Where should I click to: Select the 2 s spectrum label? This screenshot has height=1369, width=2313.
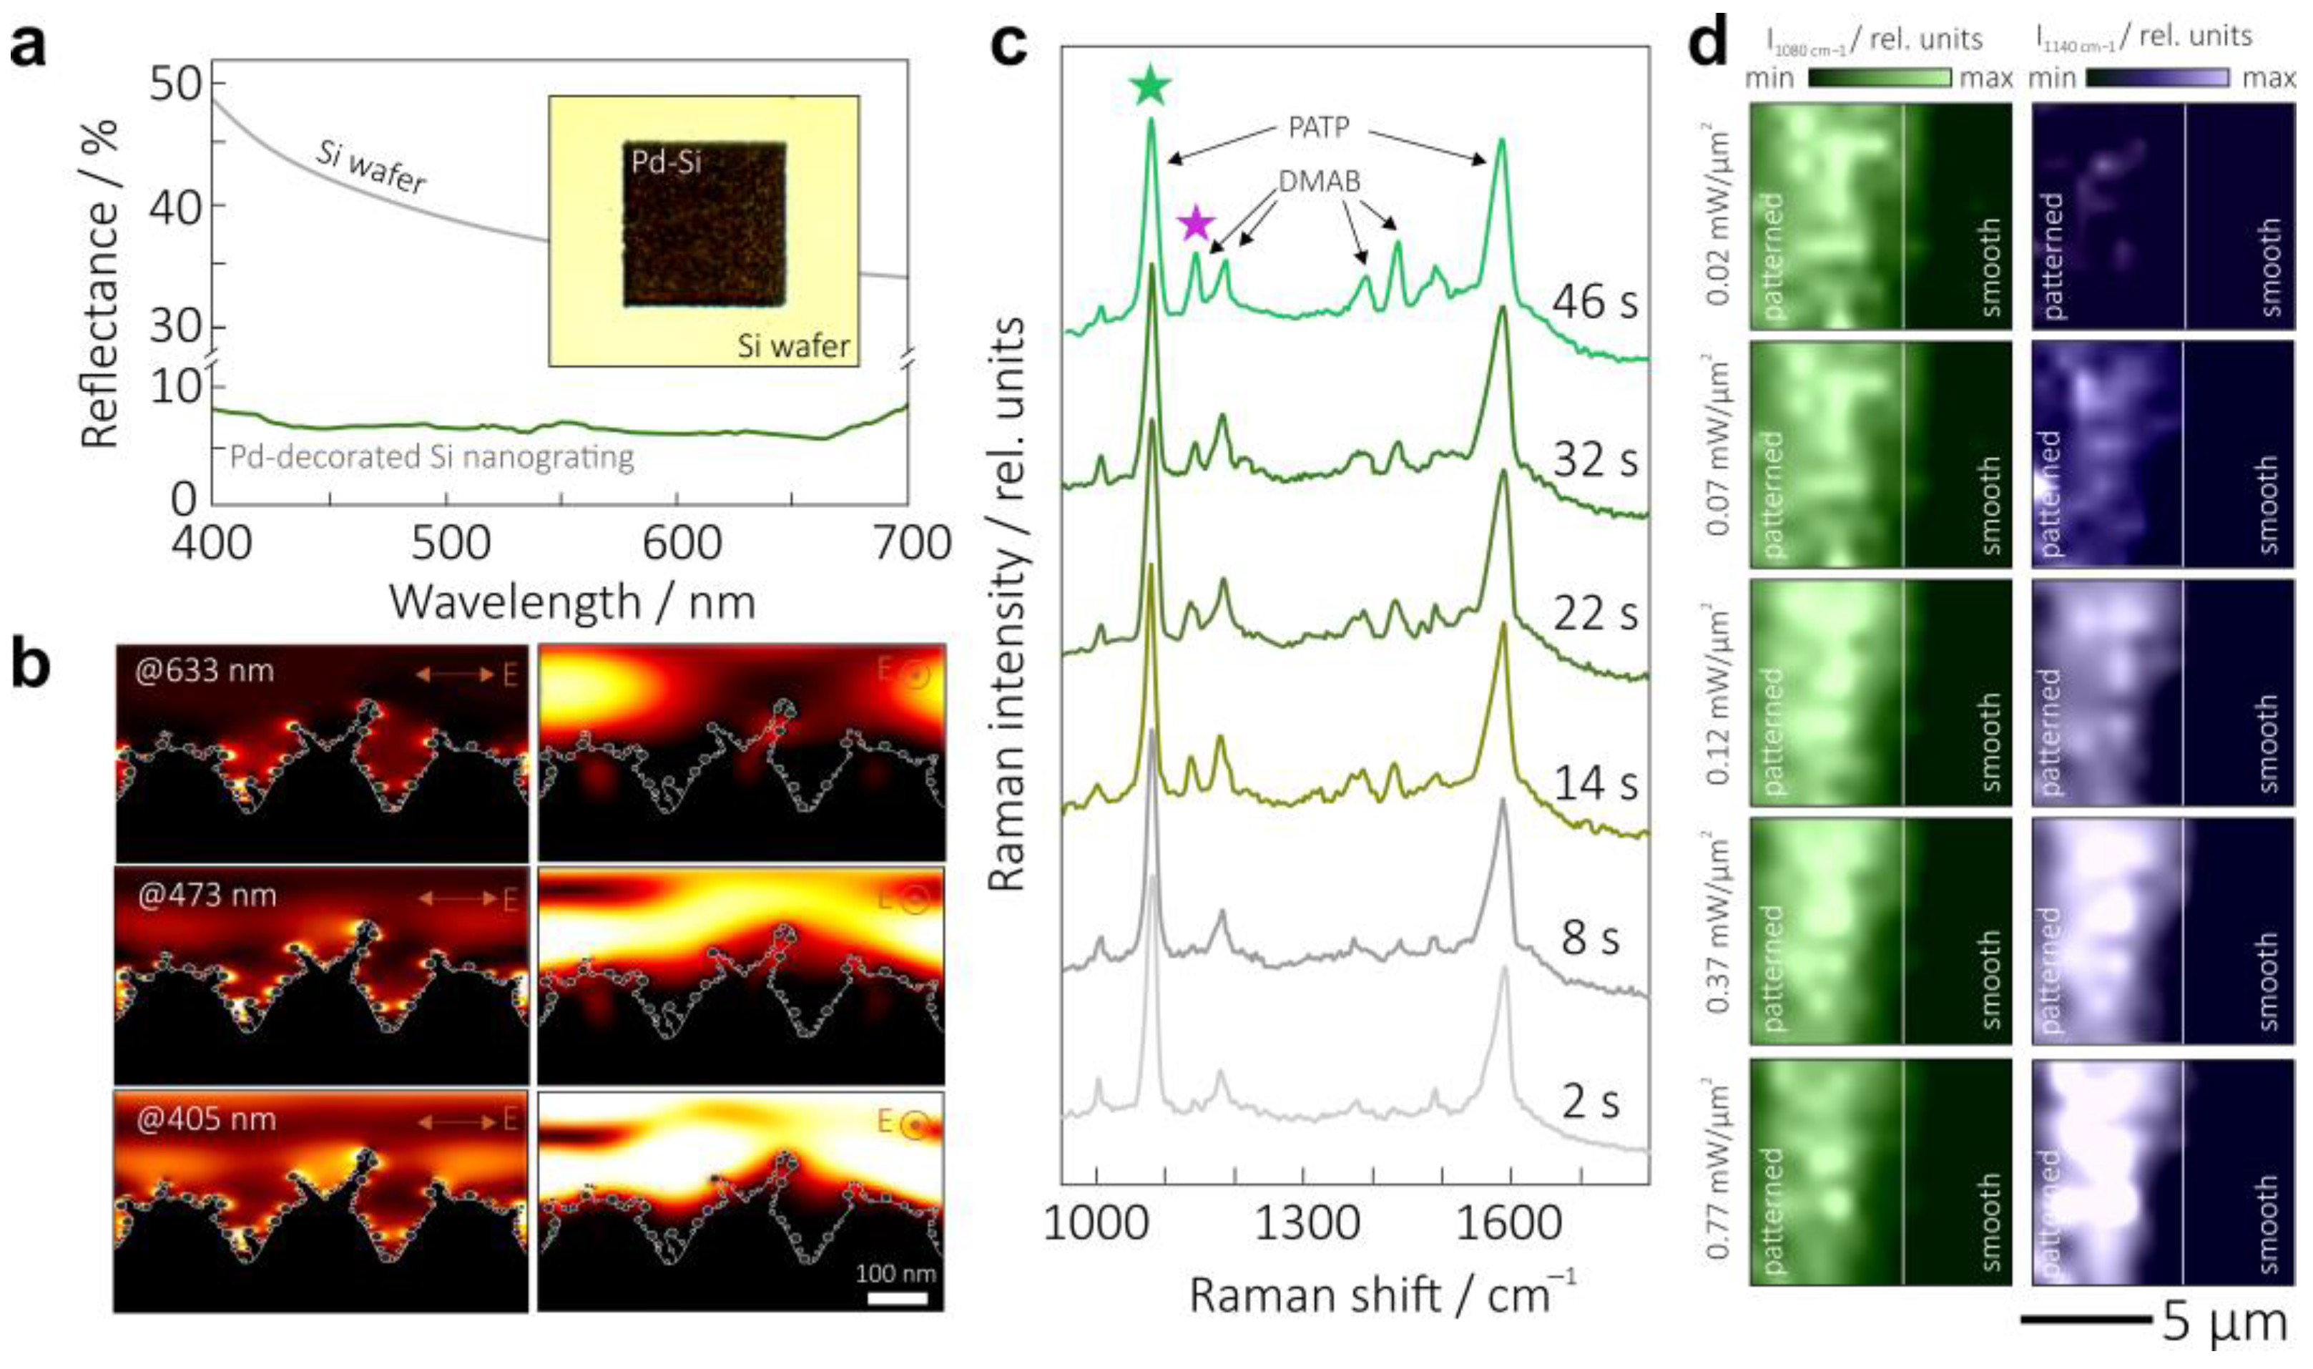pyautogui.click(x=1589, y=1101)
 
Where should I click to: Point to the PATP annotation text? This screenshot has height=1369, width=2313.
pyautogui.click(x=1319, y=127)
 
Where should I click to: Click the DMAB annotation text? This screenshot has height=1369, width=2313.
pyautogui.click(x=1319, y=182)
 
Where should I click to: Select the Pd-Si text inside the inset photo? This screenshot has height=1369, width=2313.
pyautogui.click(x=666, y=163)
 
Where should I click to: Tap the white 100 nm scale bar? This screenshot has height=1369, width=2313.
pyautogui.click(x=896, y=1298)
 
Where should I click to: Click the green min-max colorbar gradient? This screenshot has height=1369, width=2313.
pyautogui.click(x=1879, y=79)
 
